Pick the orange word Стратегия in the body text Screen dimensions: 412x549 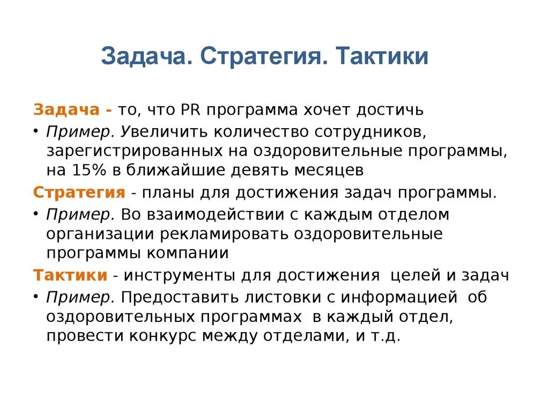79,193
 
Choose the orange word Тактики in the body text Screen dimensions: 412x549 70,276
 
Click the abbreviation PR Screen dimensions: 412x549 190,109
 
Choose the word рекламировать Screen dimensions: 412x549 228,234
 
